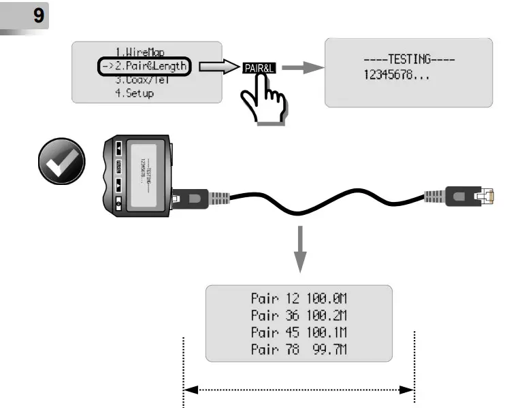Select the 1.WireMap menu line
140,52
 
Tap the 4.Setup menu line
134,93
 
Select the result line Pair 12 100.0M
299,299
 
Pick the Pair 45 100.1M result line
299,333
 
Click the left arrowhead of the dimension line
191,390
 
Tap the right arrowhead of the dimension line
407,390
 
